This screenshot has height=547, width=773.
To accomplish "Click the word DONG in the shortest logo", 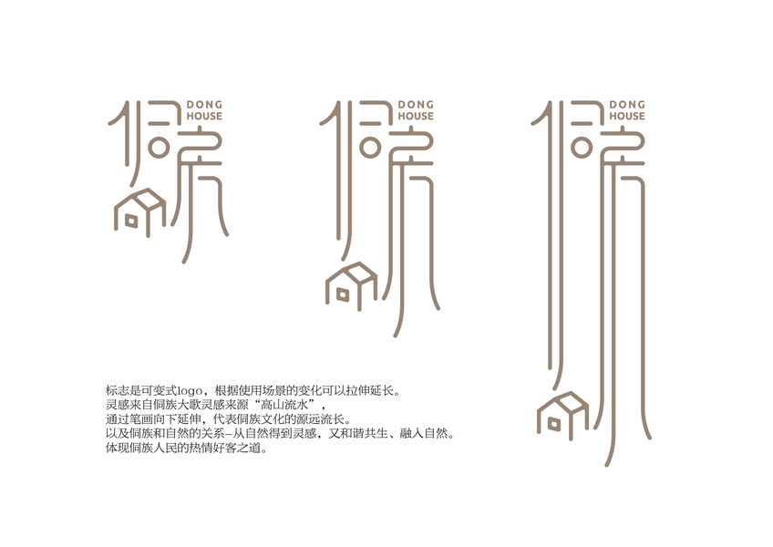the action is tap(204, 105).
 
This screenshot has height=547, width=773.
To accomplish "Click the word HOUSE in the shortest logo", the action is tap(204, 116).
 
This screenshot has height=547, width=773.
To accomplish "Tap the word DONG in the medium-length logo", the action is tap(416, 105).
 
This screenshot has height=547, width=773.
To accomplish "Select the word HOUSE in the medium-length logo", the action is tap(416, 116).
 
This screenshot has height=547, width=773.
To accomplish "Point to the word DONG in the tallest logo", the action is tap(627, 105).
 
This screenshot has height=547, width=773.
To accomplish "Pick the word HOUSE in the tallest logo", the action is tap(627, 116).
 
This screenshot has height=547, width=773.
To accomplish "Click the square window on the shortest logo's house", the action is tap(131, 221).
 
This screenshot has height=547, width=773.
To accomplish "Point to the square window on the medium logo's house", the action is tap(343, 294).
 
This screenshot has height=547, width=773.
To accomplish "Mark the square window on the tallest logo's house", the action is tap(553, 424).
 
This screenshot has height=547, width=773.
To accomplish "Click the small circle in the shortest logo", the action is tap(159, 147).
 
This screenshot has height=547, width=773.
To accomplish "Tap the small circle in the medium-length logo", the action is tap(370, 147).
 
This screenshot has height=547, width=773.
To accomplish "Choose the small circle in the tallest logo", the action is tap(582, 147).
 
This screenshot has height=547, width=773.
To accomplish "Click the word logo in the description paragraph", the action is tap(190, 391).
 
